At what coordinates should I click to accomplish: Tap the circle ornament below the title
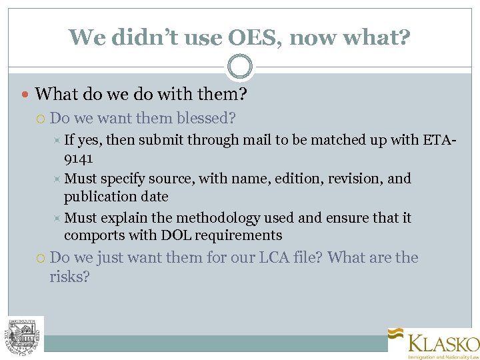coord(240,67)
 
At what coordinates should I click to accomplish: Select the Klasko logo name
coord(443,343)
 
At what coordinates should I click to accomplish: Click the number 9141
coord(79,158)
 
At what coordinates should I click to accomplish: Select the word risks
coord(69,276)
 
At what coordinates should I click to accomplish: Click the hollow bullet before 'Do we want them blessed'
coord(41,119)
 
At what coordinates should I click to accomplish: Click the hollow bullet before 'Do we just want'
coord(41,258)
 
